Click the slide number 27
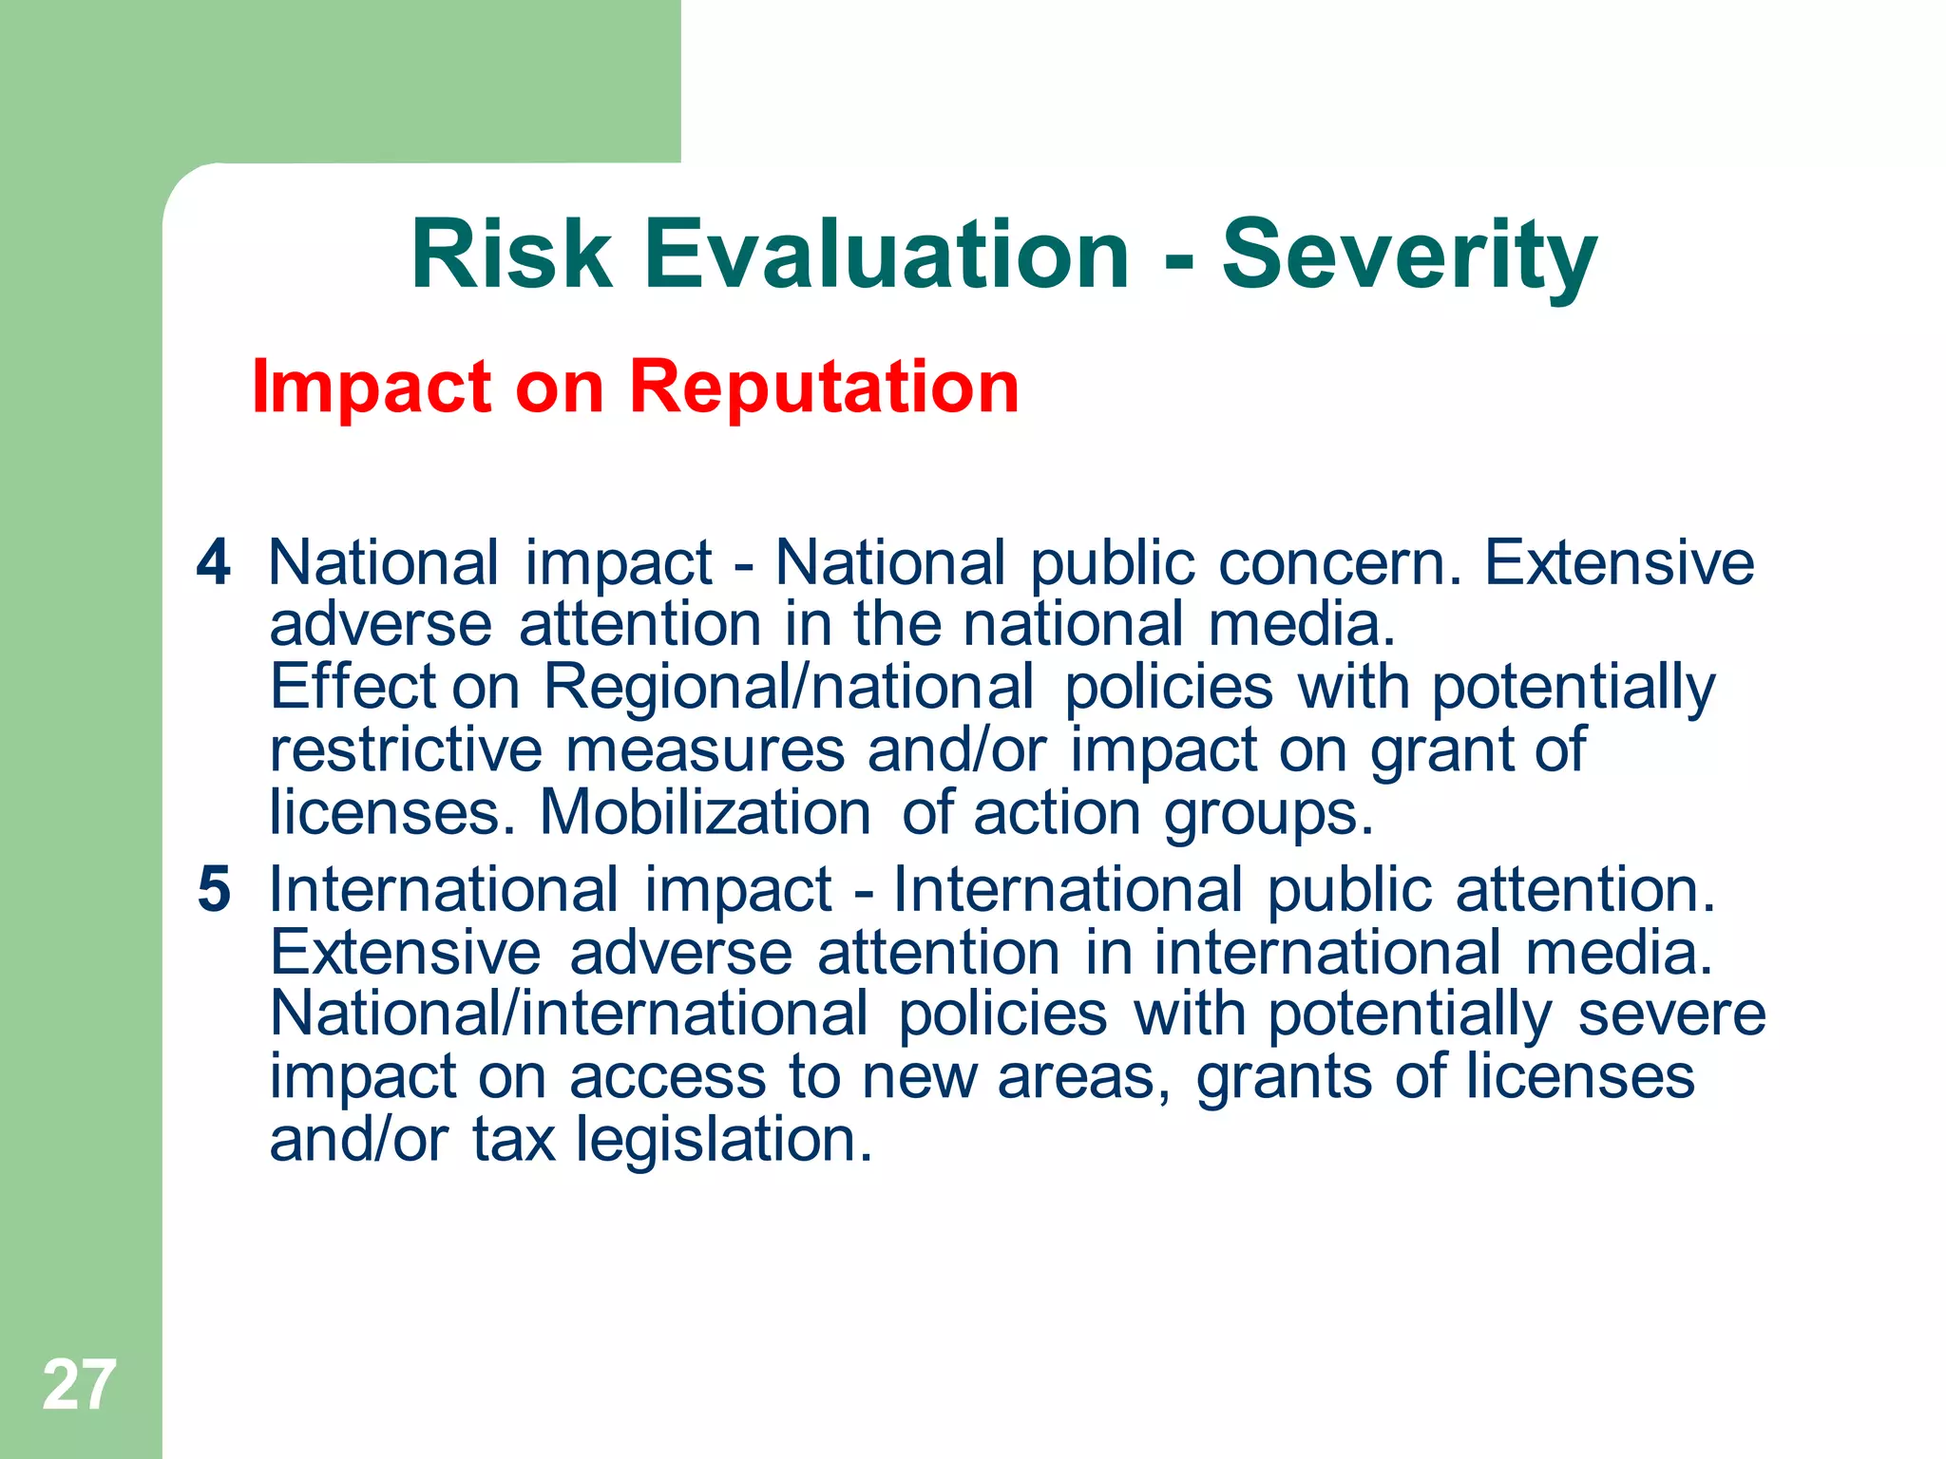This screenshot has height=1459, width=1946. pyautogui.click(x=80, y=1385)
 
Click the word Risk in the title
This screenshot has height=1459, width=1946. pyautogui.click(x=511, y=255)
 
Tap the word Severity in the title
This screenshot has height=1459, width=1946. pyautogui.click(x=1409, y=255)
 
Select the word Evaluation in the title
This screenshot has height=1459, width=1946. pyautogui.click(x=887, y=255)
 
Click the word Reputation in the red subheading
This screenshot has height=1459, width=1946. pyautogui.click(x=824, y=387)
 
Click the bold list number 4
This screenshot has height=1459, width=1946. pyautogui.click(x=214, y=562)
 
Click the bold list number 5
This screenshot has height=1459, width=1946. pyautogui.click(x=214, y=890)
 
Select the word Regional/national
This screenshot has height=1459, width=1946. pyautogui.click(x=789, y=687)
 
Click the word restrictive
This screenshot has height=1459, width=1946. pyautogui.click(x=406, y=750)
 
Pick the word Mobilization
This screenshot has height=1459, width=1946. pyautogui.click(x=705, y=813)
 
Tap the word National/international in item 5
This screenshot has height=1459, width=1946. pyautogui.click(x=569, y=1014)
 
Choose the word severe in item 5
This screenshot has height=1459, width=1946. pyautogui.click(x=1671, y=1014)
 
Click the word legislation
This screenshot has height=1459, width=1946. pyautogui.click(x=724, y=1140)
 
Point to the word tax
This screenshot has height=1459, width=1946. pyautogui.click(x=513, y=1140)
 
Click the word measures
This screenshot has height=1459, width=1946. pyautogui.click(x=705, y=750)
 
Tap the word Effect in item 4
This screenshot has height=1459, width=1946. pyautogui.click(x=353, y=687)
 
